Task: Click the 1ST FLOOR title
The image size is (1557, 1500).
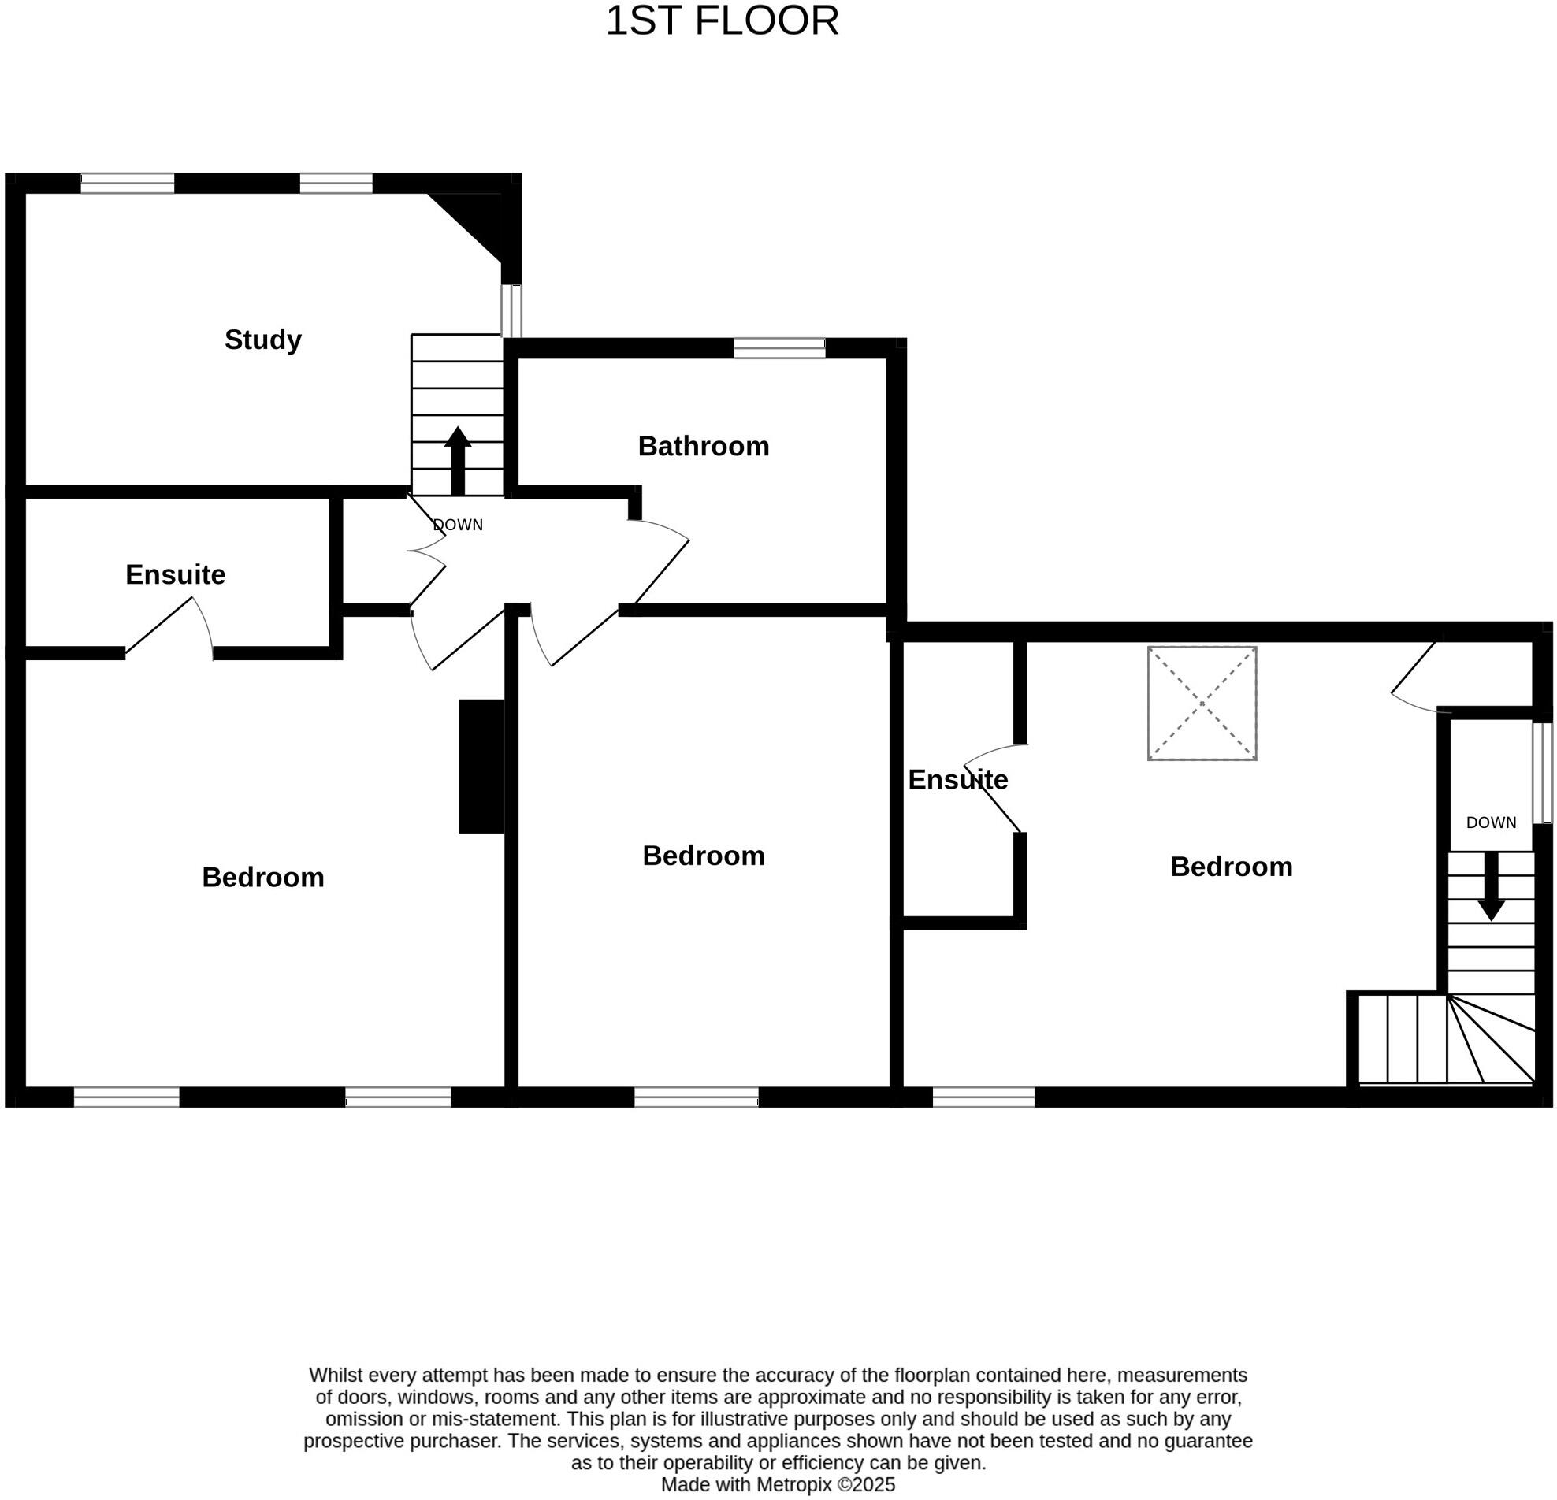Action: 721,21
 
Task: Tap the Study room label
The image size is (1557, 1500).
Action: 263,340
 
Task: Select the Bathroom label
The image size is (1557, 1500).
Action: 703,446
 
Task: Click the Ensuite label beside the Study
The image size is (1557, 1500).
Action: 176,575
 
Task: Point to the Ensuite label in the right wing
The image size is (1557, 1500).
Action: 957,780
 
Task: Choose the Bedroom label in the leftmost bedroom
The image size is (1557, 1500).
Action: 263,878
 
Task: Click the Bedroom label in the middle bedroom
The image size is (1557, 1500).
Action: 703,856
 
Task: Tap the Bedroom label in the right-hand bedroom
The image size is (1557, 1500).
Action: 1231,867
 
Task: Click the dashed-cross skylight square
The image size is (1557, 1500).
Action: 1201,704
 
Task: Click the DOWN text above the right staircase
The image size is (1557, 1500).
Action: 1490,822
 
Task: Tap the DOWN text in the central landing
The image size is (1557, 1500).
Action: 459,525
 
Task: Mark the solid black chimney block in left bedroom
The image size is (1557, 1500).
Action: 481,767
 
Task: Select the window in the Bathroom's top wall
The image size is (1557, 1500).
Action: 779,347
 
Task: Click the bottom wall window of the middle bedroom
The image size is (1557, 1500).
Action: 696,1097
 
